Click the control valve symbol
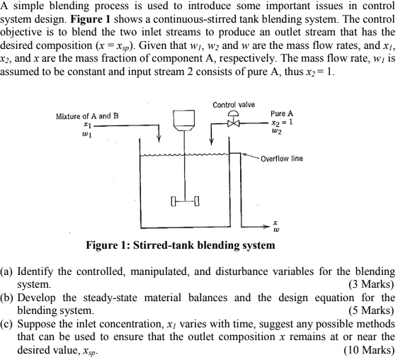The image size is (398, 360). click(233, 119)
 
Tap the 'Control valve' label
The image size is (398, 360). click(234, 105)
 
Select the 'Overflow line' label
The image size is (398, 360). click(282, 159)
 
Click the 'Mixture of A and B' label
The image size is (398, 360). click(87, 116)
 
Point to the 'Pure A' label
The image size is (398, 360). click(282, 113)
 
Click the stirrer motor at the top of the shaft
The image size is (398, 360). click(184, 120)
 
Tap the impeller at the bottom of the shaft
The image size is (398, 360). click(185, 201)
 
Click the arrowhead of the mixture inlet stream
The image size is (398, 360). click(159, 139)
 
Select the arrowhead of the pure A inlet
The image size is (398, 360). click(212, 141)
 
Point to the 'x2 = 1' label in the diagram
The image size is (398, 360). click(282, 122)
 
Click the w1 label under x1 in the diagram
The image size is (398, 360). click(87, 134)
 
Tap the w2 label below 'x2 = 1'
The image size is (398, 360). click(276, 131)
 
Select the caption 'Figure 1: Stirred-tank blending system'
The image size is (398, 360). click(181, 245)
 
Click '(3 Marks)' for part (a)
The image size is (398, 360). click(371, 284)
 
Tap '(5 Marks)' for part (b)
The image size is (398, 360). click(371, 310)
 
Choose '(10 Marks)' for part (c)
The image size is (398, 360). click(369, 350)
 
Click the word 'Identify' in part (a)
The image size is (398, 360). click(35, 272)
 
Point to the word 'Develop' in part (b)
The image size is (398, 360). click(36, 298)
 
